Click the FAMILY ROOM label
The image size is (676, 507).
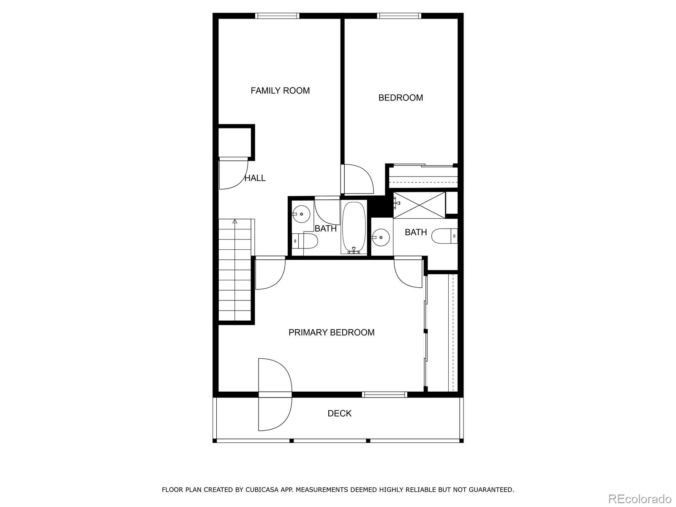click(280, 90)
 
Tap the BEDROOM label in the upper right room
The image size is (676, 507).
click(401, 98)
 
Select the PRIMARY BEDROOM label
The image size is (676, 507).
click(331, 333)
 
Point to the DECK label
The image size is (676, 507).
click(339, 413)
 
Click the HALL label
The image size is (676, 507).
click(255, 178)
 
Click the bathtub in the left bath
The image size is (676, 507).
click(354, 227)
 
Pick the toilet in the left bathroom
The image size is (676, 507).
click(306, 241)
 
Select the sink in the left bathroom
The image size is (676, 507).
click(301, 214)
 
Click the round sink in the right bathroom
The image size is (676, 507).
click(381, 237)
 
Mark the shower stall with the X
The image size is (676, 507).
click(419, 205)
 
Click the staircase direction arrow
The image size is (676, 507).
click(235, 221)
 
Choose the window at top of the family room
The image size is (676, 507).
click(277, 16)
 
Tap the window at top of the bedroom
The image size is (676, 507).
click(399, 16)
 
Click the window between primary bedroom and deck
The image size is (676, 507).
click(384, 395)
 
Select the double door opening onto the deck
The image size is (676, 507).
click(275, 395)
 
